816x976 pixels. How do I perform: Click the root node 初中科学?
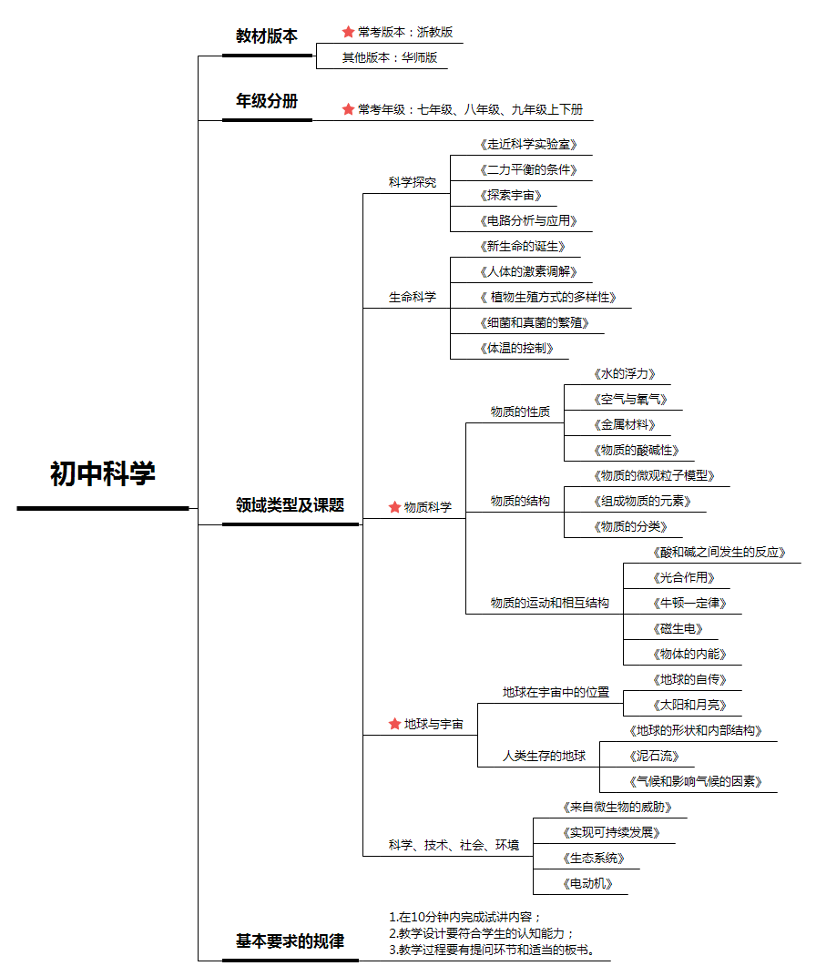[x=103, y=473]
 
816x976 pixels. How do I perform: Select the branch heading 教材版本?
[x=267, y=36]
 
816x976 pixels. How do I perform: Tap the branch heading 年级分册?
[x=267, y=101]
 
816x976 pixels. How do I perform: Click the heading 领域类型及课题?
[x=290, y=504]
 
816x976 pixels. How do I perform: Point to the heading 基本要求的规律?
[x=290, y=941]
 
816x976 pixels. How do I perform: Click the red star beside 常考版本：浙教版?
[x=348, y=31]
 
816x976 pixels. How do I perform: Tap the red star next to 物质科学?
[x=394, y=507]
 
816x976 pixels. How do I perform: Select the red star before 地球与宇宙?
[x=394, y=723]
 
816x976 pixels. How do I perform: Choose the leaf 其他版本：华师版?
[x=390, y=57]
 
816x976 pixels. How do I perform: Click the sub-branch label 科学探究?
[x=413, y=182]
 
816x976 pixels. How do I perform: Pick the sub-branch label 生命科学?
[x=413, y=297]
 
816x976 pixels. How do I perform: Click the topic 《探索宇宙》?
[x=510, y=196]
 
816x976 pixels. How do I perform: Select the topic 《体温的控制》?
[x=516, y=348]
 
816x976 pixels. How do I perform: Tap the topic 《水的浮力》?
[x=624, y=373]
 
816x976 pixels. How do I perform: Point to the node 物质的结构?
[x=520, y=501]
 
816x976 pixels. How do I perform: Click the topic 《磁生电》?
[x=678, y=629]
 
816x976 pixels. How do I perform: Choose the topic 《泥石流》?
[x=654, y=757]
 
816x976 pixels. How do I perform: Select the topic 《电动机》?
[x=587, y=883]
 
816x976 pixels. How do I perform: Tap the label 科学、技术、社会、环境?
[x=454, y=845]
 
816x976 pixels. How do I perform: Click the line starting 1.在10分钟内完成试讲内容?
[x=465, y=917]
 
